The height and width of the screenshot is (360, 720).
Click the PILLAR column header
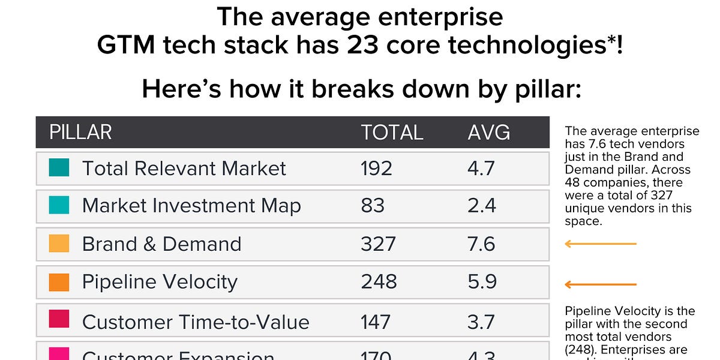click(x=80, y=132)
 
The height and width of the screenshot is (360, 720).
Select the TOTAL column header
click(x=392, y=132)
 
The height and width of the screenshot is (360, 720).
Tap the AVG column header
click(x=488, y=132)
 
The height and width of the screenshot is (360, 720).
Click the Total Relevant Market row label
click(x=184, y=169)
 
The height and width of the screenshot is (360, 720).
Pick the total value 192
click(x=376, y=169)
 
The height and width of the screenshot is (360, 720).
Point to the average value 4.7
click(x=481, y=169)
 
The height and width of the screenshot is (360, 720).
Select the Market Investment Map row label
click(x=191, y=206)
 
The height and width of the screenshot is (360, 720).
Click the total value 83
click(x=373, y=206)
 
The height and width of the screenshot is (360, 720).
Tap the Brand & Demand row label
click(x=161, y=244)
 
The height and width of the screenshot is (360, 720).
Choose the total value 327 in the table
click(x=378, y=244)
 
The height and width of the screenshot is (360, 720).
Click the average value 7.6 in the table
click(x=481, y=244)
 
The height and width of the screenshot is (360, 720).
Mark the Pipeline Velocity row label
click(x=160, y=282)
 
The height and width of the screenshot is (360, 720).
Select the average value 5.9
click(x=482, y=282)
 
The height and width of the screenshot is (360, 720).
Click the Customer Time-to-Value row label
click(x=196, y=322)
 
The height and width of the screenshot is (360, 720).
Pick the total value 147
click(x=376, y=322)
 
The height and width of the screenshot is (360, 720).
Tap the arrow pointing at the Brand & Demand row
click(x=600, y=244)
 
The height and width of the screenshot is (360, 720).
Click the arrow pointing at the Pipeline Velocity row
click(x=600, y=284)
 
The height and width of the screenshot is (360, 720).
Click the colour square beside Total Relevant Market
click(x=59, y=168)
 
